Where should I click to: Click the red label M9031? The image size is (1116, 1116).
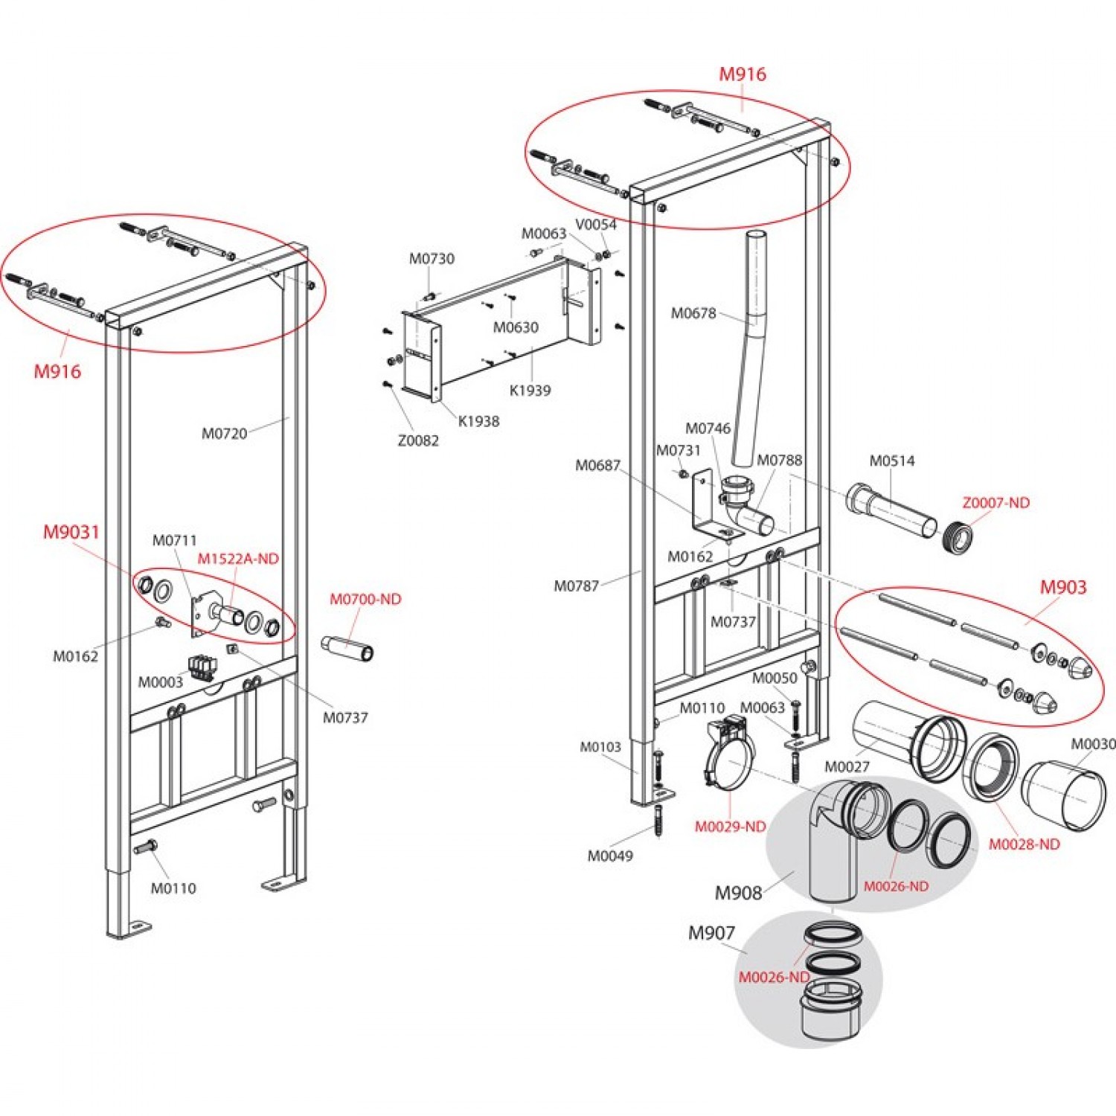71,532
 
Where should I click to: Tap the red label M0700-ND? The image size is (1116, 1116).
365,599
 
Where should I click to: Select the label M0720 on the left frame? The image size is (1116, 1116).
224,434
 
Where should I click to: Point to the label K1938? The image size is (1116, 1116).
478,421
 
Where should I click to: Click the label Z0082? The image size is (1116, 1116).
418,440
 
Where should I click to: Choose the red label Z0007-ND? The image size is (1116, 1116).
995,503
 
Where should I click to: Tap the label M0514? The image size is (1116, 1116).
892,461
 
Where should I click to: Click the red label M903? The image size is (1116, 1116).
1062,588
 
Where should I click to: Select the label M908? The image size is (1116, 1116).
738,893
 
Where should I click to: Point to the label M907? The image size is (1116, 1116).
711,933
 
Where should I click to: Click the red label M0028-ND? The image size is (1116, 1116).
1024,844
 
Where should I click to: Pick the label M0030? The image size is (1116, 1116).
1092,744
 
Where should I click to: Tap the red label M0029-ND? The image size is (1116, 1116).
730,827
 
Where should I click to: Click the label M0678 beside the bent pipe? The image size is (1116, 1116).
693,313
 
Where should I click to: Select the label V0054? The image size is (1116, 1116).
596,225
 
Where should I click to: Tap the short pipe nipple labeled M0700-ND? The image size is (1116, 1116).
347,647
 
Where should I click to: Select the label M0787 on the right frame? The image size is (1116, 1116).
576,586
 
